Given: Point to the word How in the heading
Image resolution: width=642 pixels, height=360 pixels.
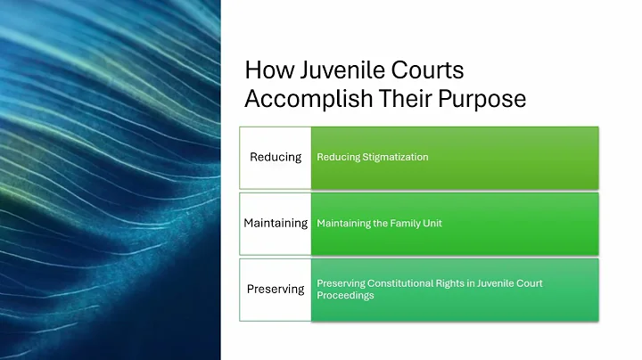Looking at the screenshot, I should (x=264, y=70).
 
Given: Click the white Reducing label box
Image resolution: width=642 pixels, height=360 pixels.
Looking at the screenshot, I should (x=275, y=157).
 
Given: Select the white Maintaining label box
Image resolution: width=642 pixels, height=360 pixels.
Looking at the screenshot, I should (x=275, y=223).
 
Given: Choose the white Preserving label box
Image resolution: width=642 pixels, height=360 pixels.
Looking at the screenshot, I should (x=275, y=289).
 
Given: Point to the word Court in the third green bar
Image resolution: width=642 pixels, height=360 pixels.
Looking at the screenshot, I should (x=522, y=283).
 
